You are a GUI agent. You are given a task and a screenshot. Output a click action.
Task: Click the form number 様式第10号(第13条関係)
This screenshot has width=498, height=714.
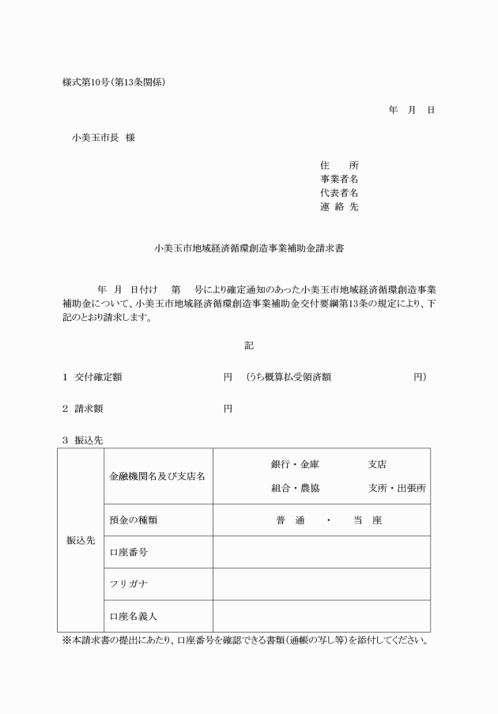pyautogui.click(x=114, y=82)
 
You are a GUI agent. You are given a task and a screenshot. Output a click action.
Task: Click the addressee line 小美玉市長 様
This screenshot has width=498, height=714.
pyautogui.click(x=104, y=137)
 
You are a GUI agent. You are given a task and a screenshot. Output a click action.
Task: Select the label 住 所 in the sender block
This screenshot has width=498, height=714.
pyautogui.click(x=339, y=165)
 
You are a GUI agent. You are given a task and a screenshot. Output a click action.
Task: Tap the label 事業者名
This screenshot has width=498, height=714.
pyautogui.click(x=339, y=179)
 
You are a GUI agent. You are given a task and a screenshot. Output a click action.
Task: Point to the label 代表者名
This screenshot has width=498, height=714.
pyautogui.click(x=339, y=193)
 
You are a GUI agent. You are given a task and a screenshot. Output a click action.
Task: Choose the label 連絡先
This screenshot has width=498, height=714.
pyautogui.click(x=339, y=207)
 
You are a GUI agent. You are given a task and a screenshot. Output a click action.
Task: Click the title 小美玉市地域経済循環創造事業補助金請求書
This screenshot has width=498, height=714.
pyautogui.click(x=248, y=248)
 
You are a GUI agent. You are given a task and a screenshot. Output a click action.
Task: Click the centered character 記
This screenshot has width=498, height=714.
pyautogui.click(x=249, y=346)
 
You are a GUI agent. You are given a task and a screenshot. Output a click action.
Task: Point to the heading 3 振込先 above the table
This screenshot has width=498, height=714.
pyautogui.click(x=82, y=440)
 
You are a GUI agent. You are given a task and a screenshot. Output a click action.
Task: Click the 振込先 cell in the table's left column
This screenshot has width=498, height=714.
pyautogui.click(x=81, y=541)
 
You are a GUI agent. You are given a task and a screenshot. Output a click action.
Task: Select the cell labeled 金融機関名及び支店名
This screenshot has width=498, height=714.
pyautogui.click(x=157, y=476)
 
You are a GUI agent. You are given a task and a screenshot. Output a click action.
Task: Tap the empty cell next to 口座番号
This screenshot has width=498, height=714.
pyautogui.click(x=321, y=552)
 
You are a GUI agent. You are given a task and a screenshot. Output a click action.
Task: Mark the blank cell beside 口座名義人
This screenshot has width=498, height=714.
pyautogui.click(x=321, y=616)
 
